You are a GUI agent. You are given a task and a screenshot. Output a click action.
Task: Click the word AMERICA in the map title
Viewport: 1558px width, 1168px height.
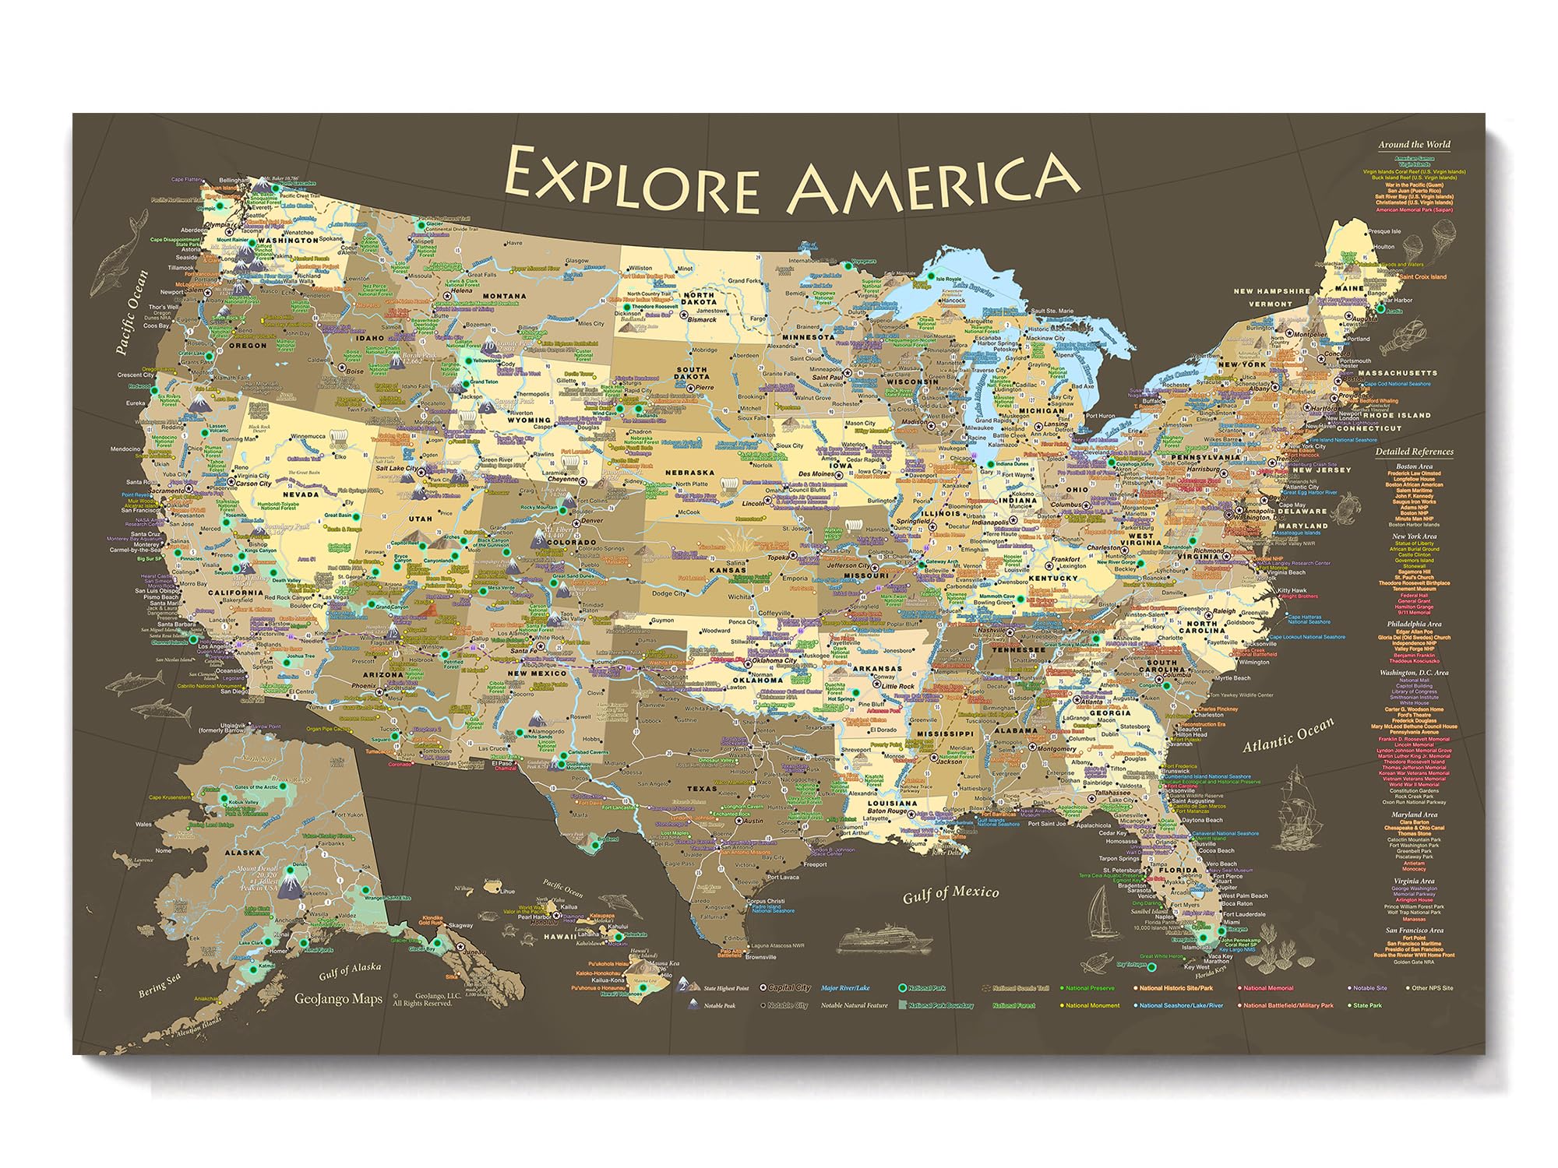pos(933,184)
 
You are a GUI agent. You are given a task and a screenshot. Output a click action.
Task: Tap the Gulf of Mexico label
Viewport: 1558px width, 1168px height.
pos(950,894)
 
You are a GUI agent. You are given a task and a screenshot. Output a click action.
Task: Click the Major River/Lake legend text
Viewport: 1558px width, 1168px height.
pos(845,988)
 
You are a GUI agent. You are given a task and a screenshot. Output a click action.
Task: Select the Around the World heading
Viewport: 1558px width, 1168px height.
pos(1414,144)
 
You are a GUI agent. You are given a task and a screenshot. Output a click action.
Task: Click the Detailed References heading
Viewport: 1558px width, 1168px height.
pos(1414,452)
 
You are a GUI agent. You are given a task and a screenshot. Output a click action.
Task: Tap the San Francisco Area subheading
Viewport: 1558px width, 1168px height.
pos(1414,930)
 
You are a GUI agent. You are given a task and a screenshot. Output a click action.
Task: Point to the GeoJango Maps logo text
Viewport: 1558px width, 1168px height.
pos(338,1000)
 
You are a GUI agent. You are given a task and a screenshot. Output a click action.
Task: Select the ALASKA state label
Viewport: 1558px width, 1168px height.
pos(243,853)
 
